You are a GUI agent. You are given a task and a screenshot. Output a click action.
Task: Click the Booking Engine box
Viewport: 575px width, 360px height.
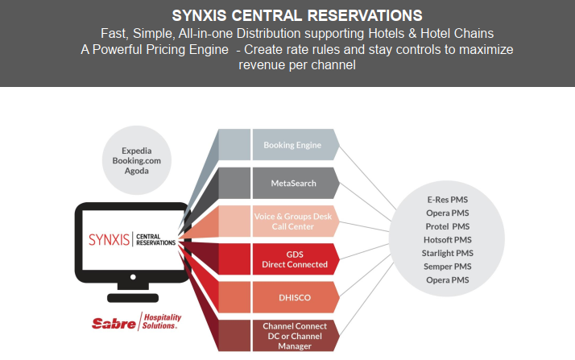[292, 146]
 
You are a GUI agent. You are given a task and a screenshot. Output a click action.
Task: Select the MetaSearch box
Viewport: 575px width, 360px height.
[292, 184]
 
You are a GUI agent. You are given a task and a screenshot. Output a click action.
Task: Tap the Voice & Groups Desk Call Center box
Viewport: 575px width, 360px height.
[292, 221]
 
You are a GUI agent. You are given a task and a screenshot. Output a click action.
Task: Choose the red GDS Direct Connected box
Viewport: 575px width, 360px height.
[292, 259]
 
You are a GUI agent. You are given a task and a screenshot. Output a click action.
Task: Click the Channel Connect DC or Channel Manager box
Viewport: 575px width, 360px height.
[292, 334]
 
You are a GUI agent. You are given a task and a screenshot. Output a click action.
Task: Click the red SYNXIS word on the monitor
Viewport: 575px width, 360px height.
[109, 238]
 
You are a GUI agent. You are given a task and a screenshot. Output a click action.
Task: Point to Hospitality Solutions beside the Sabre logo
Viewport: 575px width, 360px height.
[162, 321]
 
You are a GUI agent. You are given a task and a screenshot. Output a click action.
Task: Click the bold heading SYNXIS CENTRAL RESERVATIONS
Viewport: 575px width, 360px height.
[287, 15]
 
